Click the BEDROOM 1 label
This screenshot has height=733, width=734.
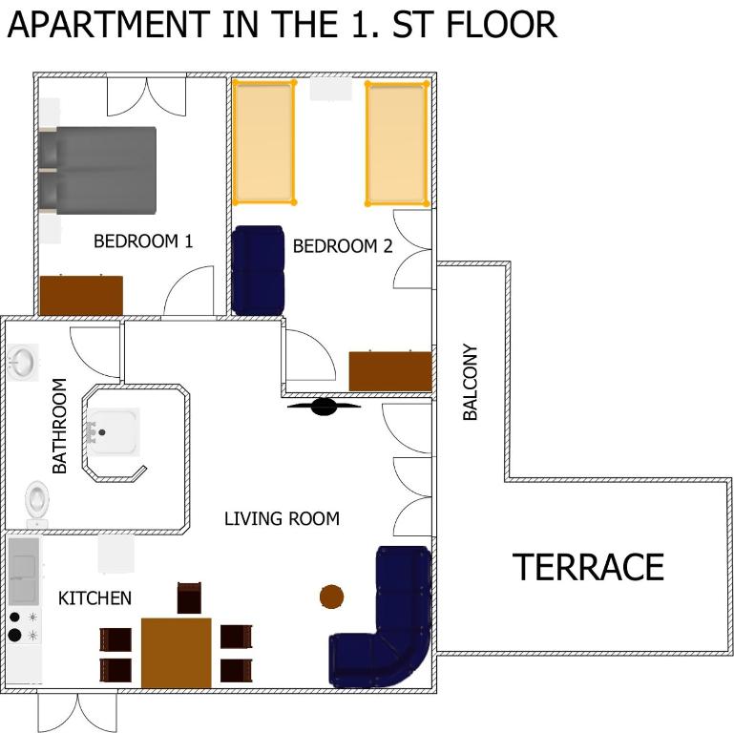[x=143, y=241]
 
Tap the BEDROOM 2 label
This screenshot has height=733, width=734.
[x=343, y=246]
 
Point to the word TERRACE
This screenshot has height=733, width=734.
[x=588, y=567]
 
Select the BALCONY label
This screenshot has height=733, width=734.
[x=470, y=382]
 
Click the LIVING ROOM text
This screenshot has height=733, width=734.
[x=282, y=518]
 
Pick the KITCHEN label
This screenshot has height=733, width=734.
[x=94, y=598]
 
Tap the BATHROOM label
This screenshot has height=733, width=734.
[x=59, y=426]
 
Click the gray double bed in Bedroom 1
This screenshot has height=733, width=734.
[x=97, y=171]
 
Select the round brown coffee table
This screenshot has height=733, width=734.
[x=331, y=597]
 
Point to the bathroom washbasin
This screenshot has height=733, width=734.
[x=23, y=363]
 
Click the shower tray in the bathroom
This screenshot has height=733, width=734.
[x=113, y=432]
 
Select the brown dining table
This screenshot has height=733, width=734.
[x=176, y=653]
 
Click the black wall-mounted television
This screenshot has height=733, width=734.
[x=324, y=407]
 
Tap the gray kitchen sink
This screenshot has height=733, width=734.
[x=24, y=572]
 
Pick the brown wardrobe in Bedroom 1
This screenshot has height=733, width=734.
[x=81, y=295]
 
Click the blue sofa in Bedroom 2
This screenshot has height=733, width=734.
[x=258, y=270]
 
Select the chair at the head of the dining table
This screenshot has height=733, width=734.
[x=189, y=597]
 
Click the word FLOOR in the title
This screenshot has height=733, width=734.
[x=502, y=25]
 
